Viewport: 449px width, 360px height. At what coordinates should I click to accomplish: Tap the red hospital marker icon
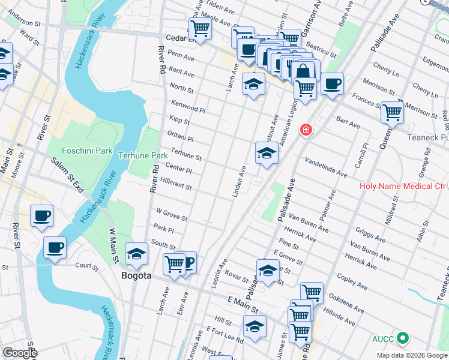pyautogui.click(x=306, y=129)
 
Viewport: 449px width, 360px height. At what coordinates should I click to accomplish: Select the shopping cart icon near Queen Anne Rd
pyautogui.click(x=392, y=112)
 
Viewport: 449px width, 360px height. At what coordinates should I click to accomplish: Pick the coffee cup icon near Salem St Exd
pyautogui.click(x=41, y=216)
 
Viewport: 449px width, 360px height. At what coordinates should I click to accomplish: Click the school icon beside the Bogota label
pyautogui.click(x=136, y=254)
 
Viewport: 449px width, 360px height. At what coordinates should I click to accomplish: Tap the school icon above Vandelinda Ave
pyautogui.click(x=267, y=154)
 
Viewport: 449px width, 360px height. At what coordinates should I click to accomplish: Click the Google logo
pyautogui.click(x=20, y=353)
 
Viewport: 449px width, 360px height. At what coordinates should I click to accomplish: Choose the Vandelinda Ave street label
pyautogui.click(x=325, y=168)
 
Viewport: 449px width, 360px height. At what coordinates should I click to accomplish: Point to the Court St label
pyautogui.click(x=86, y=265)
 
